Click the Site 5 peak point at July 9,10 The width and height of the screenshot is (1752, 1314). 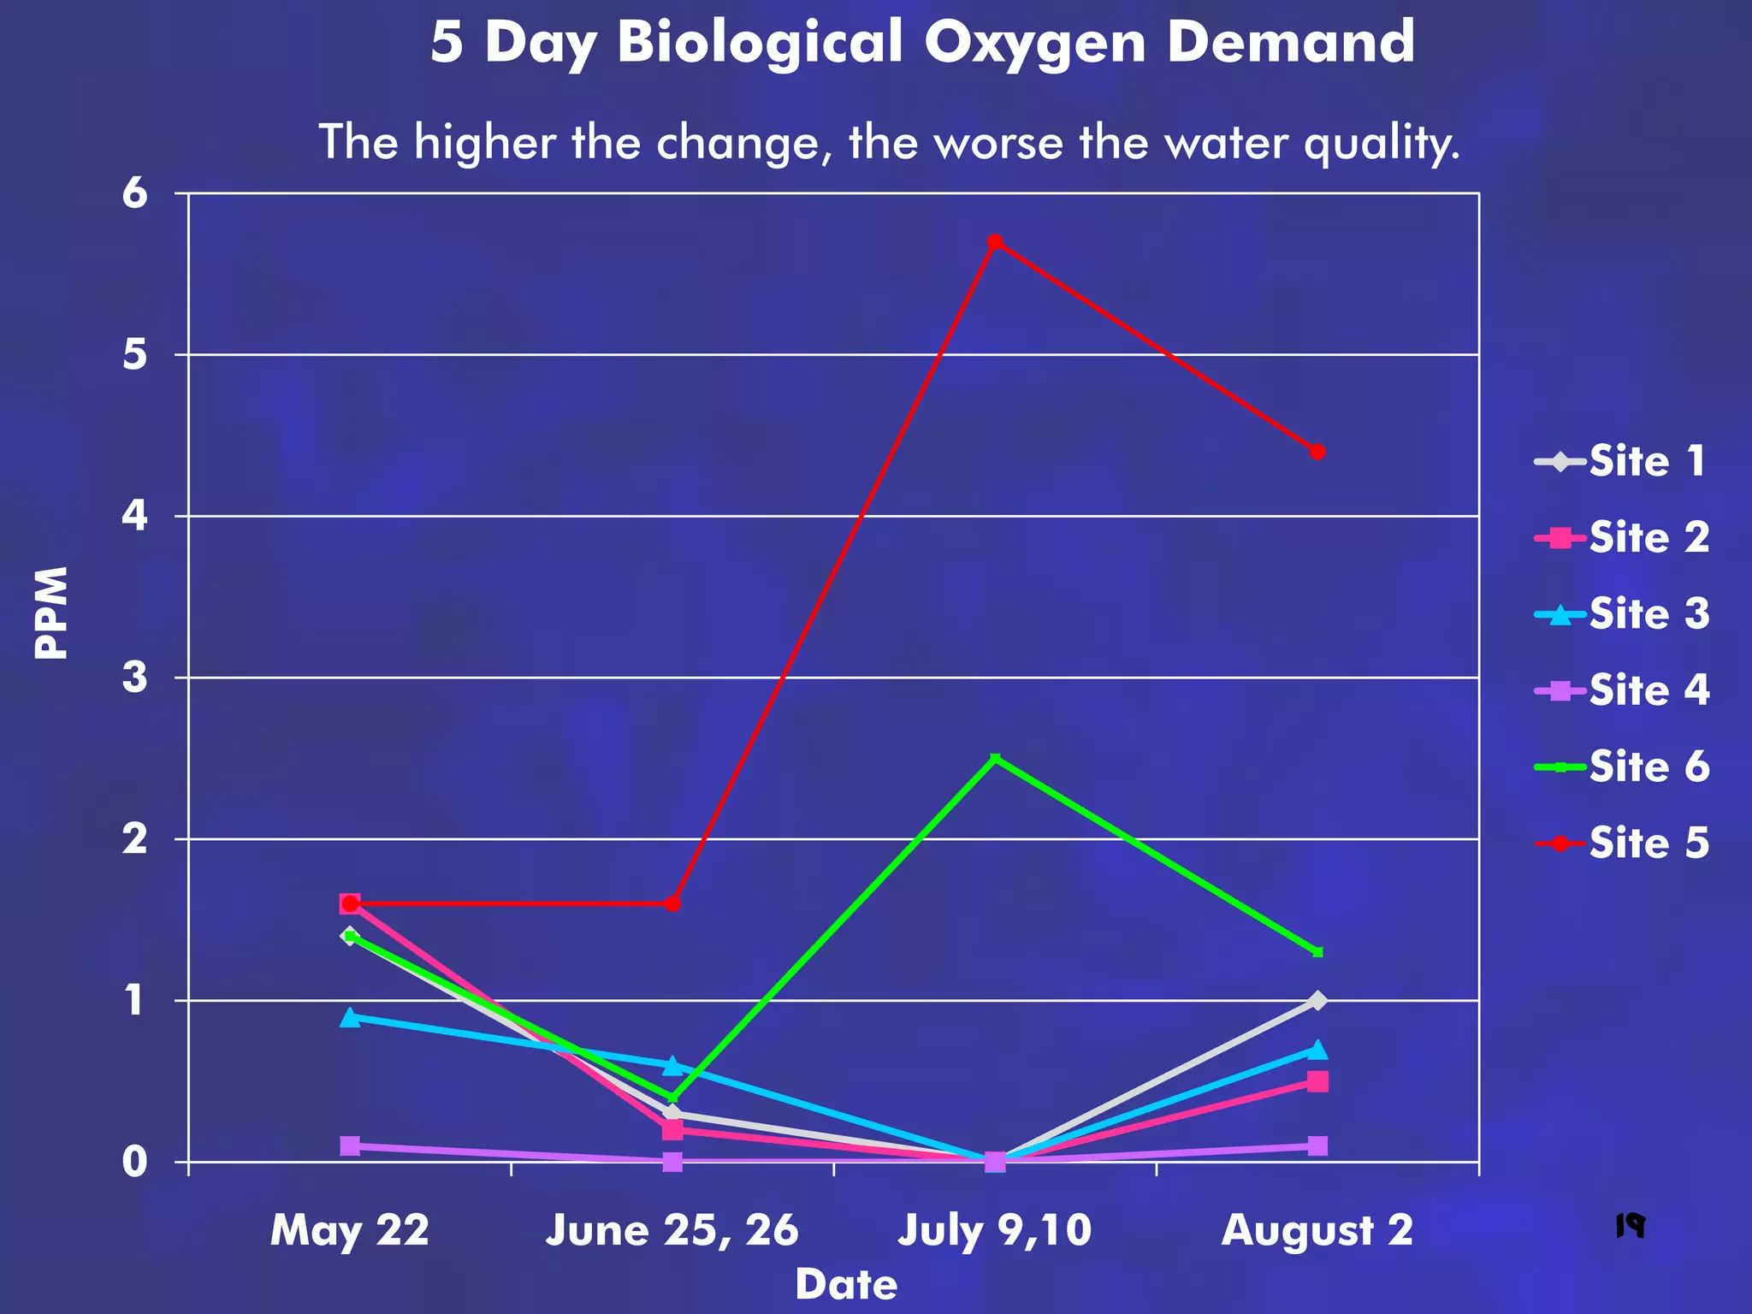[995, 242]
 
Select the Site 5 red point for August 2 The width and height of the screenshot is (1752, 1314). [1317, 452]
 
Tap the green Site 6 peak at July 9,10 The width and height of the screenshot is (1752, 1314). [995, 759]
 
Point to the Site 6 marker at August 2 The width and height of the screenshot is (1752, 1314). [1317, 952]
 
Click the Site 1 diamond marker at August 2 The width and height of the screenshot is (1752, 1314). [1317, 1000]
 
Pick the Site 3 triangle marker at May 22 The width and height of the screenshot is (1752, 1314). [349, 1017]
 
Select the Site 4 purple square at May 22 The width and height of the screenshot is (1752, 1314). [349, 1145]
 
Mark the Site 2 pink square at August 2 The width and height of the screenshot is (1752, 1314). [1317, 1081]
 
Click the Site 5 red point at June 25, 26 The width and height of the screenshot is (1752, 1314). [672, 903]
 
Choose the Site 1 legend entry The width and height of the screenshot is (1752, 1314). [1622, 462]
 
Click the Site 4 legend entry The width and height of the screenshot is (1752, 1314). [1622, 690]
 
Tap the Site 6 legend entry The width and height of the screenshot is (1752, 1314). [1622, 766]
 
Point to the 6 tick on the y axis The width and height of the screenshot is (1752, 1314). [136, 193]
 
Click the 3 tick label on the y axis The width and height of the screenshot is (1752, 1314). [136, 678]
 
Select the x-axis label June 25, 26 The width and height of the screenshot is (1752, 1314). [672, 1231]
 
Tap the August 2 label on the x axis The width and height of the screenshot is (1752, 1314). [1317, 1231]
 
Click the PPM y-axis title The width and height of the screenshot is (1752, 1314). [51, 613]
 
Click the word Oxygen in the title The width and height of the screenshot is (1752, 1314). [1035, 43]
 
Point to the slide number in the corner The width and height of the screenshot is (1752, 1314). [1631, 1226]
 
